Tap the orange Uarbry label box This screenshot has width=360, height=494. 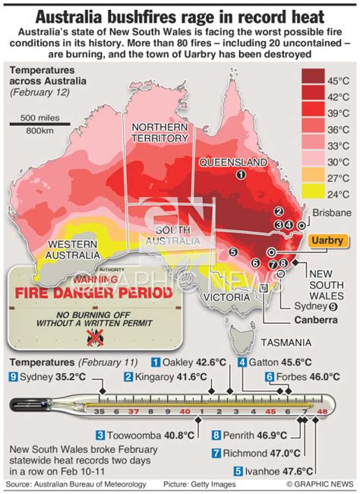(327, 240)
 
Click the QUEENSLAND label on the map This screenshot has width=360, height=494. (232, 162)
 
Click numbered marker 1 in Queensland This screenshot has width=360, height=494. (241, 175)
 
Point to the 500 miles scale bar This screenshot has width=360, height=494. (40, 122)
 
